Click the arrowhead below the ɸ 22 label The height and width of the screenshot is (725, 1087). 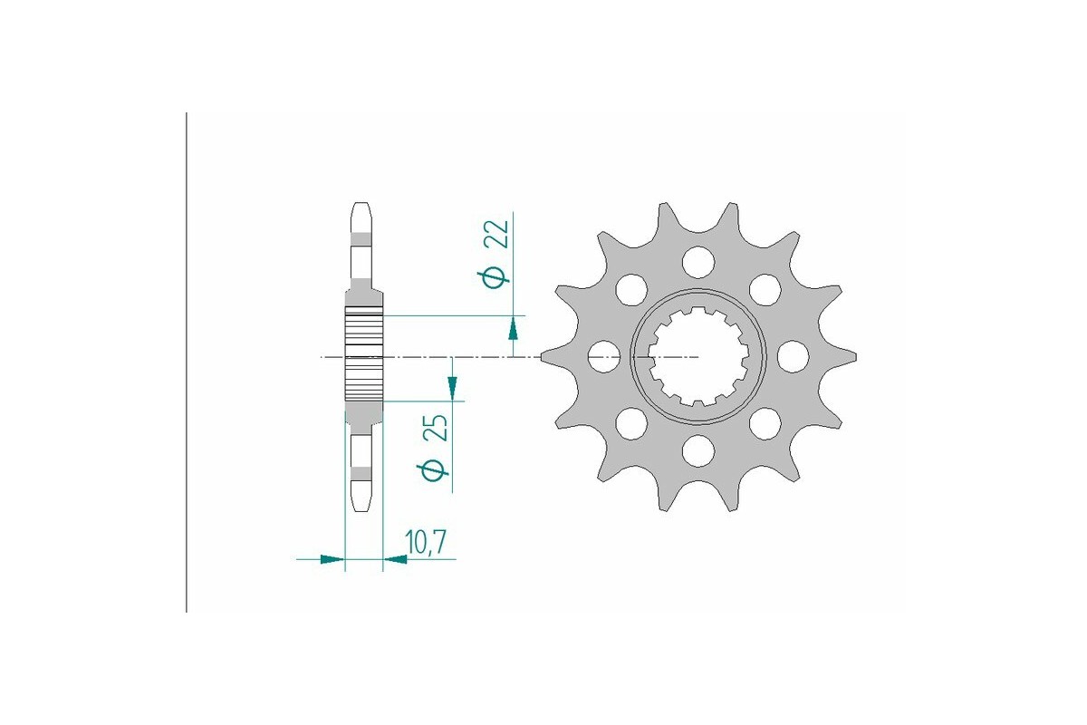click(514, 327)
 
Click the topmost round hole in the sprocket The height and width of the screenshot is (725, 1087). click(697, 262)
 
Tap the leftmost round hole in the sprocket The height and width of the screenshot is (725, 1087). click(602, 356)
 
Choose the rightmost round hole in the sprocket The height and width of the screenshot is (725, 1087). click(793, 355)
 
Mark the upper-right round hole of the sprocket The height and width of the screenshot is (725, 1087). click(765, 289)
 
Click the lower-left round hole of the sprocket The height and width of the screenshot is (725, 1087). click(631, 422)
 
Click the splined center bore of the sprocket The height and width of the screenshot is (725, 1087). click(697, 356)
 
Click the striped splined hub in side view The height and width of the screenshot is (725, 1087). click(363, 356)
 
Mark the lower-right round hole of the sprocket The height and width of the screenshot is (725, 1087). click(765, 422)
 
